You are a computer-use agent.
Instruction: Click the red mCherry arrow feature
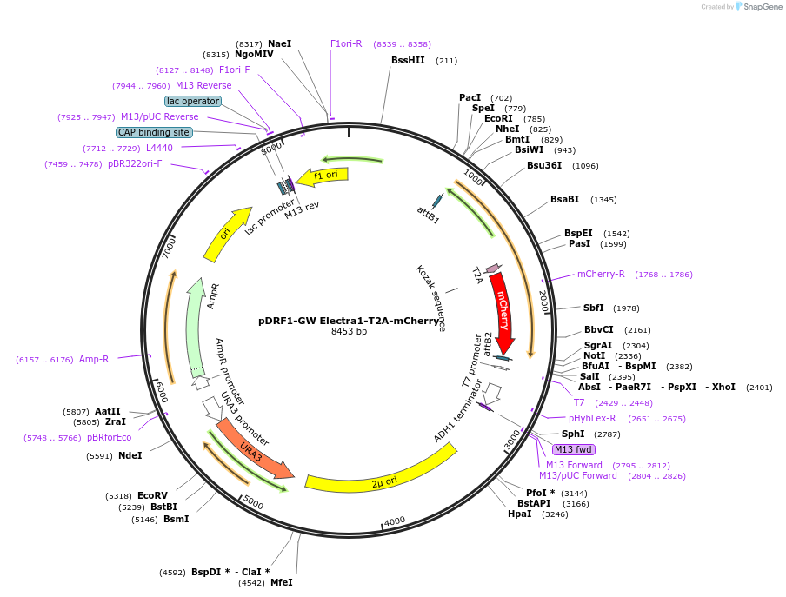click(502, 308)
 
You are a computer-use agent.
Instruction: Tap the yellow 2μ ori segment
click(383, 477)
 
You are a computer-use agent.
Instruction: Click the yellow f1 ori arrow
click(323, 176)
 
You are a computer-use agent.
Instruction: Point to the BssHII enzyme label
click(408, 60)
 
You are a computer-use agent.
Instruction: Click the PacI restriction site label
click(470, 97)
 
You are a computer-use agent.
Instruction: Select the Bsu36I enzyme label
click(544, 165)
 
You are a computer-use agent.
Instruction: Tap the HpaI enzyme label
click(519, 514)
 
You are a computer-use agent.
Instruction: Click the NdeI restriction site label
click(130, 455)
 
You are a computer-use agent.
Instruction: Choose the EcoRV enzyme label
click(151, 495)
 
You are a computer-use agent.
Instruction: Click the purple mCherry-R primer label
click(601, 274)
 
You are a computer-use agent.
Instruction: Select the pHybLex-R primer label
click(592, 418)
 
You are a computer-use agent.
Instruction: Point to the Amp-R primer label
click(94, 359)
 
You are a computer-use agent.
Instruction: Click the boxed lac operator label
click(193, 101)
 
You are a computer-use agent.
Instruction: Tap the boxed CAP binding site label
click(154, 132)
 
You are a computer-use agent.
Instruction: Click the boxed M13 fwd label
click(574, 449)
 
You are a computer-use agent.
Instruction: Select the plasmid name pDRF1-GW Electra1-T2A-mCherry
click(349, 320)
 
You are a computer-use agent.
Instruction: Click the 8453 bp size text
click(349, 331)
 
